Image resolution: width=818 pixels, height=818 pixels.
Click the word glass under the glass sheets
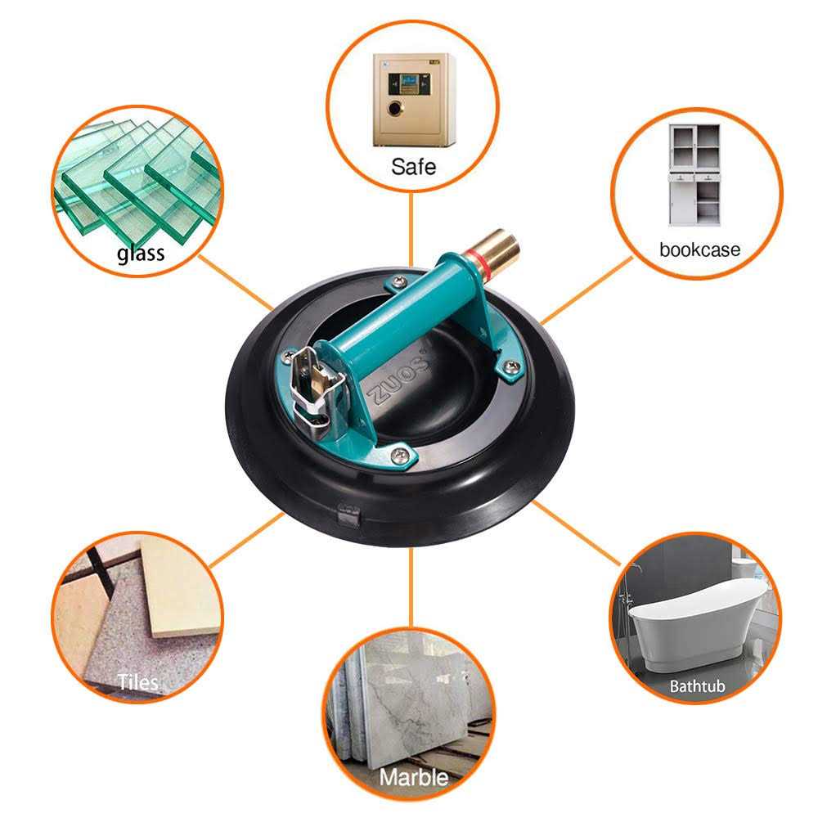coord(140,253)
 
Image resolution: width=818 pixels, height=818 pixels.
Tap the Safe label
coord(413,167)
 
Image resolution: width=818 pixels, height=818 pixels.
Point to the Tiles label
coord(137,681)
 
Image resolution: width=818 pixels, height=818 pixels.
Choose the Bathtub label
coord(697,685)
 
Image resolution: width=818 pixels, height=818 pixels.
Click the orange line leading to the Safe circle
coord(412,221)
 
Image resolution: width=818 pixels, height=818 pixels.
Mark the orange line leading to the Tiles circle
coord(245,541)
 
